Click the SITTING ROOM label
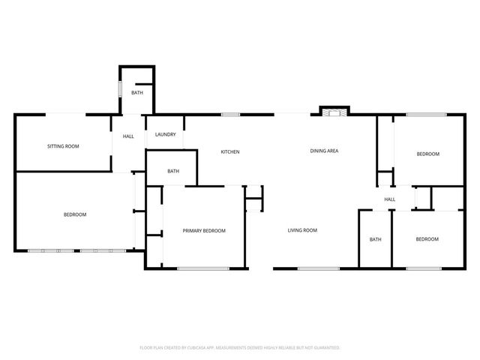pos(63,146)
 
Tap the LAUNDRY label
pos(165,135)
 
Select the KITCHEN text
pos(229,152)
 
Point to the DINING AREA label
pos(324,151)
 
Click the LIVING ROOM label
pos(302,230)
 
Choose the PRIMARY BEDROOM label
pos(204,231)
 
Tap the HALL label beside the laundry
pos(128,136)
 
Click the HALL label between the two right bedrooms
pos(389,199)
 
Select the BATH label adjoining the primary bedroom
pos(173,172)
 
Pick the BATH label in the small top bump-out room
pos(137,93)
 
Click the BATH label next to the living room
pos(375,239)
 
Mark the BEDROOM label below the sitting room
pos(75,215)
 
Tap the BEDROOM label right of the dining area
pos(427,154)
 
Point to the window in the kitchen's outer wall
pos(230,115)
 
